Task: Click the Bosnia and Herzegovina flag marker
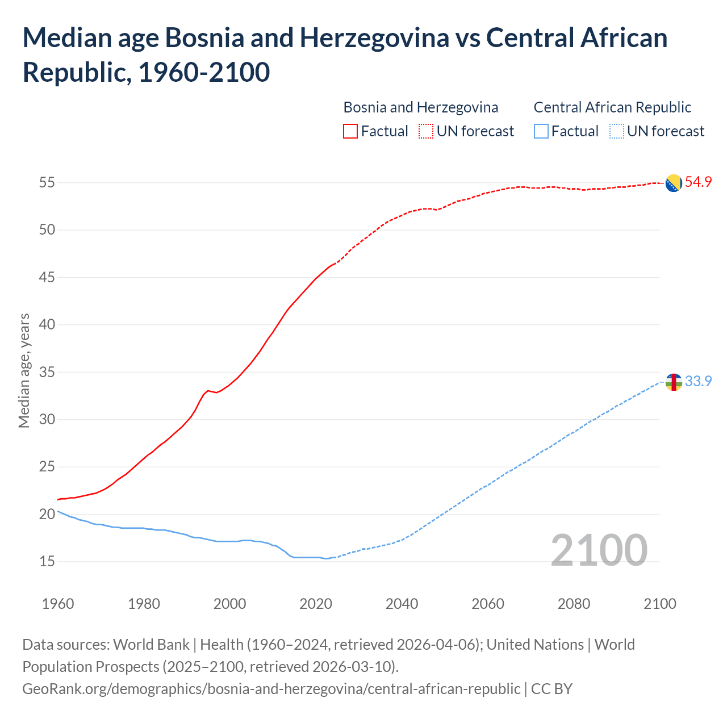[673, 183]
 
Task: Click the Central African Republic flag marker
[673, 382]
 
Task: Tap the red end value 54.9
[698, 182]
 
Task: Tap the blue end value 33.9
[698, 381]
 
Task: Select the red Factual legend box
[350, 131]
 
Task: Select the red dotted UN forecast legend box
[426, 131]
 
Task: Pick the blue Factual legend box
[541, 131]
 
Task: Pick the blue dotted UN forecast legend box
[616, 131]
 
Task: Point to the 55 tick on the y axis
[47, 183]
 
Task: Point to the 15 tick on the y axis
[47, 561]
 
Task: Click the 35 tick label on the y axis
[47, 372]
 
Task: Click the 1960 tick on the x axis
[58, 603]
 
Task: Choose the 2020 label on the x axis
[316, 603]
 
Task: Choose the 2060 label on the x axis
[488, 603]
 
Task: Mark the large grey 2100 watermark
[599, 550]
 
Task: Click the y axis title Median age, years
[24, 370]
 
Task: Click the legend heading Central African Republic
[612, 107]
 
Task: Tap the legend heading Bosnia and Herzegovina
[421, 107]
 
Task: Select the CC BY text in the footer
[551, 688]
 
